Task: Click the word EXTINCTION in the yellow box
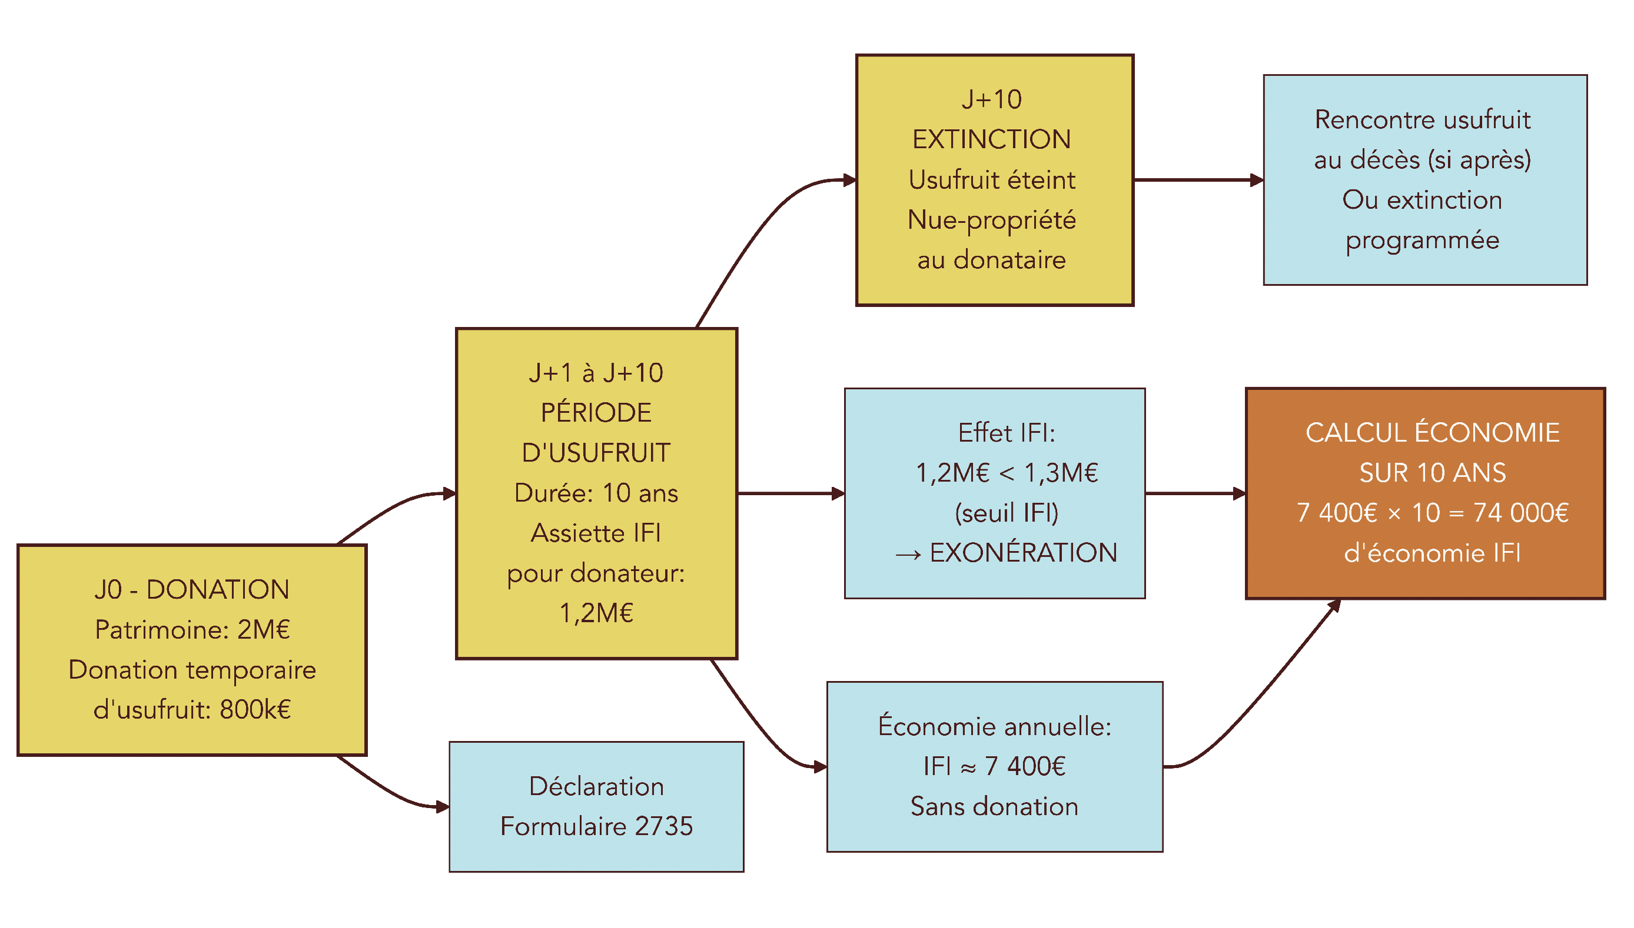tap(991, 139)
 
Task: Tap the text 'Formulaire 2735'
tap(596, 826)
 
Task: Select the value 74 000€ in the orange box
tap(1520, 512)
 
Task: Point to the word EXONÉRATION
tap(1023, 553)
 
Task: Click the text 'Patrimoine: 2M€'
tap(192, 630)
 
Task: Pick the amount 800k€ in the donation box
tap(255, 709)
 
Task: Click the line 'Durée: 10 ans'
tap(596, 493)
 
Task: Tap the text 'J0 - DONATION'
tap(192, 590)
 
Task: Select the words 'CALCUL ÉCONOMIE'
tap(1433, 433)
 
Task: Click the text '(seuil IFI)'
tap(1007, 512)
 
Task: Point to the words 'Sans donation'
tap(994, 806)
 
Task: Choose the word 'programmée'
tap(1422, 241)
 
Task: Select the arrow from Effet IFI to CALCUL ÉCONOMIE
tap(1195, 493)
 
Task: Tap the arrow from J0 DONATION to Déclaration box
tap(396, 794)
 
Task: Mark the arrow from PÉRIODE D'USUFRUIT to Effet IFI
tap(791, 493)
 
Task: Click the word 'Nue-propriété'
tap(991, 220)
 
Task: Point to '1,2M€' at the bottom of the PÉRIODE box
tap(596, 613)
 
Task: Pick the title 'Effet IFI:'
tap(1007, 433)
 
